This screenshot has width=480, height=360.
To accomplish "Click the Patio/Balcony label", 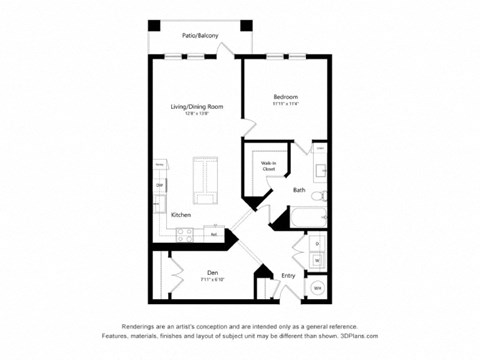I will tap(201, 35).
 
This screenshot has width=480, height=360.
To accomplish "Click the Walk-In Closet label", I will tap(269, 167).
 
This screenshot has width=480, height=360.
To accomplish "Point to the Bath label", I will tap(299, 190).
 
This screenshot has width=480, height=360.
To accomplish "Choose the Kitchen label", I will tap(181, 215).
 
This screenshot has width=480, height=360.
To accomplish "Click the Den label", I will tap(212, 272).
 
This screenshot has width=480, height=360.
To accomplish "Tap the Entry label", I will tap(288, 275).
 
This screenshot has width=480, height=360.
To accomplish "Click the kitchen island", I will tap(204, 179).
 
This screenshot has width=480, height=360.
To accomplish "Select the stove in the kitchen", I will tap(183, 235).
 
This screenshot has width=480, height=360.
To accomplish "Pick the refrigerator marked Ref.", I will tap(214, 235).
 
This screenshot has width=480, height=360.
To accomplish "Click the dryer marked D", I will tap(317, 243).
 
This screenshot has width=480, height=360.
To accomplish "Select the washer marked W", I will tap(317, 261).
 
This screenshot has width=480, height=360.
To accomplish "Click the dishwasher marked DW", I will tap(158, 186).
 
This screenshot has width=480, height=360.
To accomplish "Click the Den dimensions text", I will tap(212, 280).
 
